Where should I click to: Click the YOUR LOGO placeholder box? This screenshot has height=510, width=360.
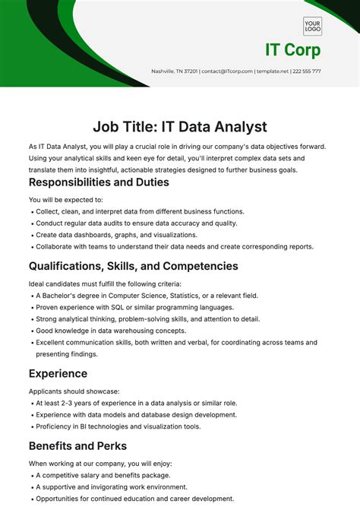(x=312, y=27)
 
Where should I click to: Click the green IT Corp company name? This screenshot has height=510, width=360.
(x=292, y=50)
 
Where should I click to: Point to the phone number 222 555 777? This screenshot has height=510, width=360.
(x=305, y=71)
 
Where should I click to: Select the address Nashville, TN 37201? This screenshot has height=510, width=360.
(x=175, y=71)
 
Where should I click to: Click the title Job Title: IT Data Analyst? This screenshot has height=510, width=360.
(x=180, y=126)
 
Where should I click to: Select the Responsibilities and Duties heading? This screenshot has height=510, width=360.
(x=99, y=182)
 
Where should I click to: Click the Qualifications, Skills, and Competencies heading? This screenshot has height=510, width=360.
(x=134, y=266)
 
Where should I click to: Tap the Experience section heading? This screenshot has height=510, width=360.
(x=58, y=373)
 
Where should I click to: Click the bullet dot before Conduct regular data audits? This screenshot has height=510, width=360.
(x=31, y=224)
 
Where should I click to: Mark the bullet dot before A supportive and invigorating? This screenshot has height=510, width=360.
(x=31, y=487)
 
